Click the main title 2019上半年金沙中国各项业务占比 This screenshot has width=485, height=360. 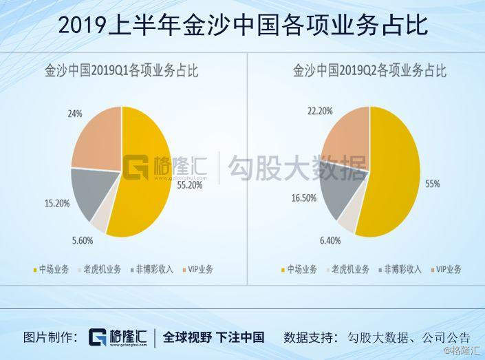click(242, 25)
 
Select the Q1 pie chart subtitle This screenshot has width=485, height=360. click(121, 71)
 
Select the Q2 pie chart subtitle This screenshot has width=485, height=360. click(369, 71)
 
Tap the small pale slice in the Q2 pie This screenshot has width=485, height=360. click(347, 218)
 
